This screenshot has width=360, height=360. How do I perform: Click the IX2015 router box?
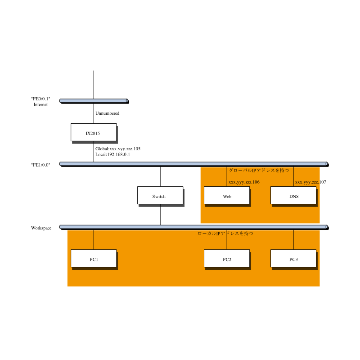pos(94,132)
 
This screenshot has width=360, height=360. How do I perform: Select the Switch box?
pos(160,195)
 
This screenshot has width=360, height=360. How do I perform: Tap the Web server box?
pos(227,195)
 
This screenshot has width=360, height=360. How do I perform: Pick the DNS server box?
pos(293,195)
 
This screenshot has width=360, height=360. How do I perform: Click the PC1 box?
pos(94,258)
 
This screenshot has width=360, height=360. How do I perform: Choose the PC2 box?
pos(227,258)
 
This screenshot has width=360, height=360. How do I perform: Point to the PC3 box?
pos(293,258)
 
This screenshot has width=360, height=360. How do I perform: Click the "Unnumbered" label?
pos(108,113)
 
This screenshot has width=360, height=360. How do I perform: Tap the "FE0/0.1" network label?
pos(40,99)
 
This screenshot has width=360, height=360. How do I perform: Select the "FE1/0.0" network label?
pos(40,165)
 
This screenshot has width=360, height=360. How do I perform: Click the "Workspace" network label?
pos(41,228)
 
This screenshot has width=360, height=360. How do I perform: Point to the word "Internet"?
pos(40,104)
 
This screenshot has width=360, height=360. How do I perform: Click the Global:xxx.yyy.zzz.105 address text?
pos(118,149)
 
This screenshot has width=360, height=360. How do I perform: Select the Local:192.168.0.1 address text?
pos(113,154)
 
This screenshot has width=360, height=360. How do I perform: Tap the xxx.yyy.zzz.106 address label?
pos(244,182)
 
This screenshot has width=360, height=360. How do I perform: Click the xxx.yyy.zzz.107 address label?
pos(310,182)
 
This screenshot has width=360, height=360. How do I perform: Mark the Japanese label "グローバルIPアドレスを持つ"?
pos(259,170)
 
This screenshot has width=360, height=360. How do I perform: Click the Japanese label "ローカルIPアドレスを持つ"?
pos(225,233)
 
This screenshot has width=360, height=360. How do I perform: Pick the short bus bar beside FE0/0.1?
pos(94,101)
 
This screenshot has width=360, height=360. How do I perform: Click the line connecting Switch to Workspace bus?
pos(160,215)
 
